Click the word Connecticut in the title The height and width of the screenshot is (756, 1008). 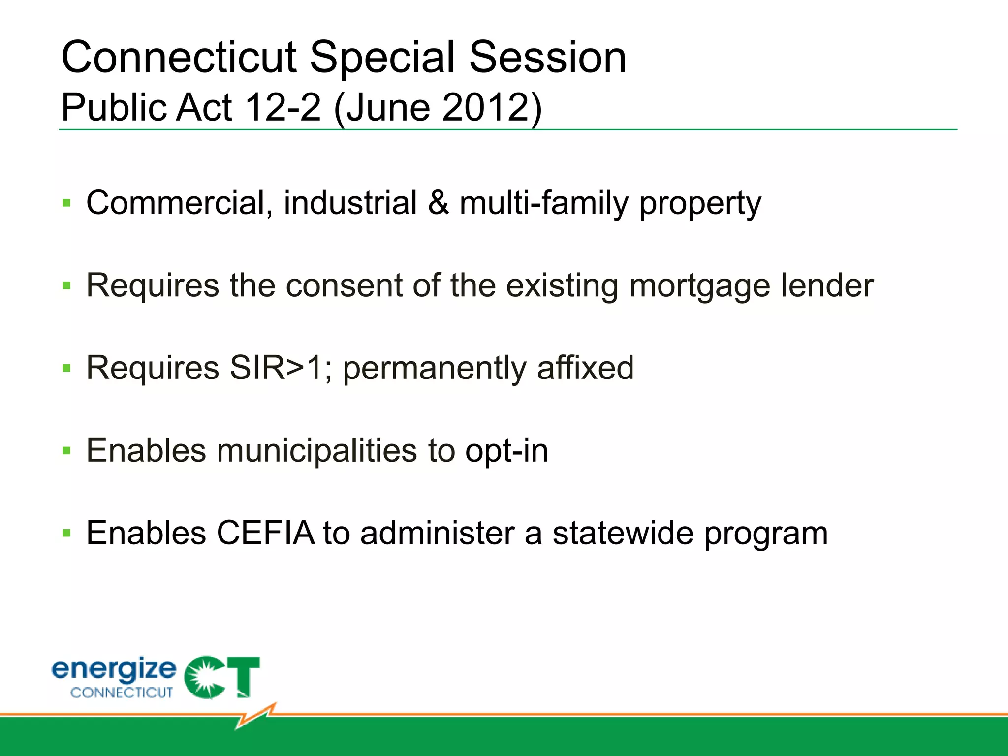point(179,58)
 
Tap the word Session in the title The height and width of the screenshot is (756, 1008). point(547,58)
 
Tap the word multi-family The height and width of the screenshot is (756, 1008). point(544,203)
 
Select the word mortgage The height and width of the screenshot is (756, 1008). point(699,286)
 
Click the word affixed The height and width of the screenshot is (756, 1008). point(585,368)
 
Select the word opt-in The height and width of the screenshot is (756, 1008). point(506,451)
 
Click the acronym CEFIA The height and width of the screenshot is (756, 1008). point(265,533)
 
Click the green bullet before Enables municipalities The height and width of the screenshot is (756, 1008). point(67,450)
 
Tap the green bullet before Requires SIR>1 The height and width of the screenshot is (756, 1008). point(67,368)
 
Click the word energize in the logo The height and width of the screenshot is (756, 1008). point(114,670)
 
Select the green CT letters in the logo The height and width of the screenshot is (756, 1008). point(222,677)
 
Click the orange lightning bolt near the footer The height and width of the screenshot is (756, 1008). point(256,716)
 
